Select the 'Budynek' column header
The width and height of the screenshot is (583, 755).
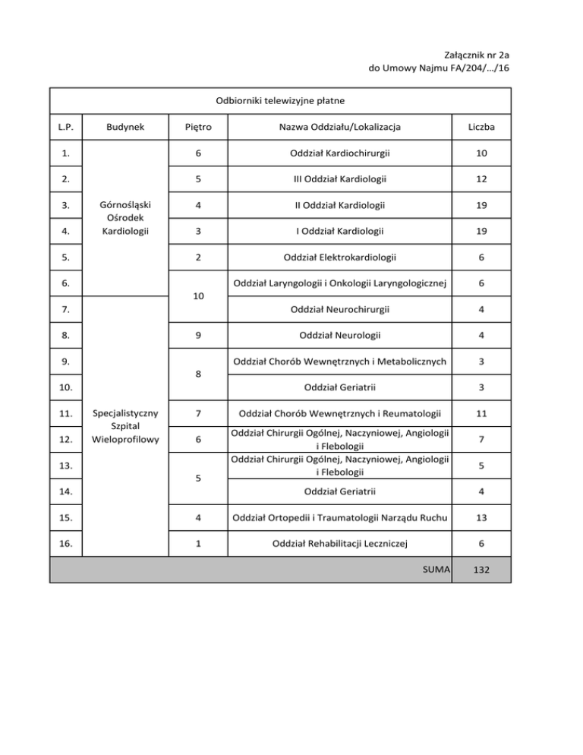click(124, 127)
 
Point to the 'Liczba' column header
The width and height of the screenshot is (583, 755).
click(482, 127)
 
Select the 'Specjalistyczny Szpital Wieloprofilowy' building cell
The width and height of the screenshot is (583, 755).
click(124, 426)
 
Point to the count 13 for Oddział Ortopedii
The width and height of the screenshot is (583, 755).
click(482, 519)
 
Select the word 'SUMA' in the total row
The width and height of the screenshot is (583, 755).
click(436, 570)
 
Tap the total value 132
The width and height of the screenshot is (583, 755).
click(482, 570)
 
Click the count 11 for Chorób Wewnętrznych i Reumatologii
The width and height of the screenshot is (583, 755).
click(482, 414)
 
